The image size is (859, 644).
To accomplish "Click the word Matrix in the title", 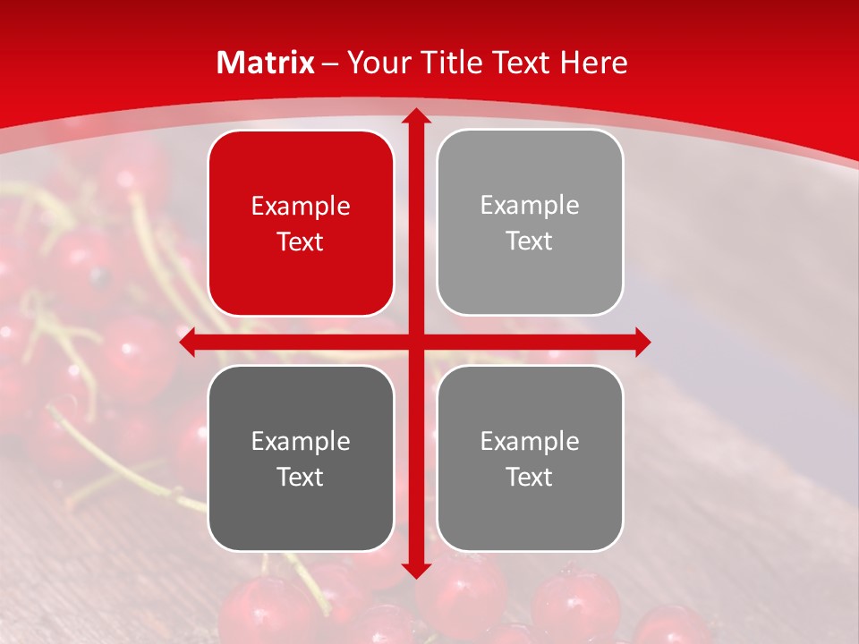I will (x=266, y=63).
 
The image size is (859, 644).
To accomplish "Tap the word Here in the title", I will (x=593, y=63).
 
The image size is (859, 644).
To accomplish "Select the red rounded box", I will (x=301, y=224).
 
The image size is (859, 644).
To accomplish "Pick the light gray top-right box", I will (x=530, y=223).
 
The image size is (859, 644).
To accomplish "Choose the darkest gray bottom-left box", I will (x=301, y=458).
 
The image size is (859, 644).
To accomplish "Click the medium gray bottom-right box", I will (x=530, y=458).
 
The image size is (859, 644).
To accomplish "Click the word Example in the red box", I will (x=301, y=207).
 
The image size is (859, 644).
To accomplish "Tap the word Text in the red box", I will (x=301, y=242).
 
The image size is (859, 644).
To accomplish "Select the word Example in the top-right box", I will (x=530, y=206).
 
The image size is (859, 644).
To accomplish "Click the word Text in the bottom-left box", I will (x=301, y=477).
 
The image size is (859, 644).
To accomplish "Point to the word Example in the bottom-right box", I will (x=530, y=441).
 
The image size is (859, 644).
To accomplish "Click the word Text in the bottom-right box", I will (x=530, y=477).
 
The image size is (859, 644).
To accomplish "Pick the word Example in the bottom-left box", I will (x=301, y=441).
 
